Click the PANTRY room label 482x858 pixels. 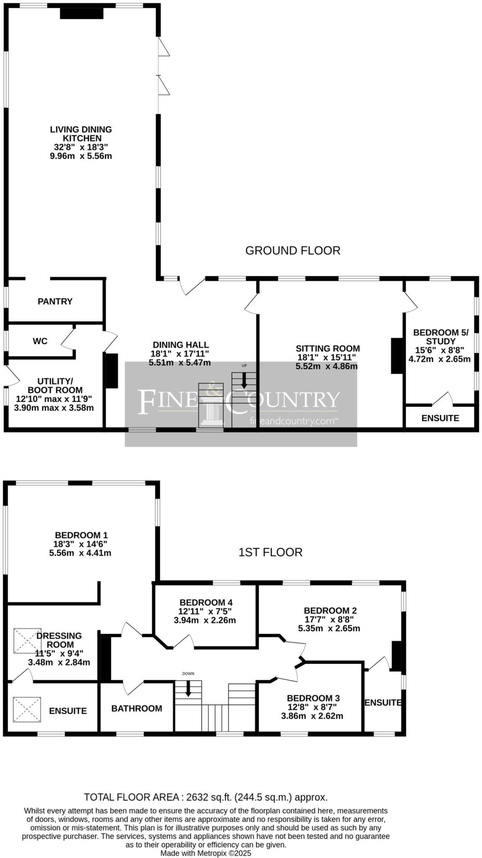tap(55, 301)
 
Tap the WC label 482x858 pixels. tap(40, 341)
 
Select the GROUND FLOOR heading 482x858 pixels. tap(293, 251)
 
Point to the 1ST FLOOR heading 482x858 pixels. tap(271, 552)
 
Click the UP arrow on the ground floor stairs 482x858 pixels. tap(244, 380)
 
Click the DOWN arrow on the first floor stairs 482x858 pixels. tap(188, 688)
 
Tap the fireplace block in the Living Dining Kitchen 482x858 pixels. tap(82, 13)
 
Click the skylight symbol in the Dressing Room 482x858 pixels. tap(27, 641)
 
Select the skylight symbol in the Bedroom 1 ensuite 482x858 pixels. tap(27, 709)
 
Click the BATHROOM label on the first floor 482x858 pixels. tap(137, 708)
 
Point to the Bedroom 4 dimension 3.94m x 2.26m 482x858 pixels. tap(205, 620)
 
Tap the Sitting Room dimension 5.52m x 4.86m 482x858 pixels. tap(327, 366)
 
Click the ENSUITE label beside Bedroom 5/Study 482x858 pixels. tap(440, 418)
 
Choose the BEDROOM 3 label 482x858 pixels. tap(313, 698)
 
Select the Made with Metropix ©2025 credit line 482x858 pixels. tap(206, 853)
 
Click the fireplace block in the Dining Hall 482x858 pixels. tap(111, 371)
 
